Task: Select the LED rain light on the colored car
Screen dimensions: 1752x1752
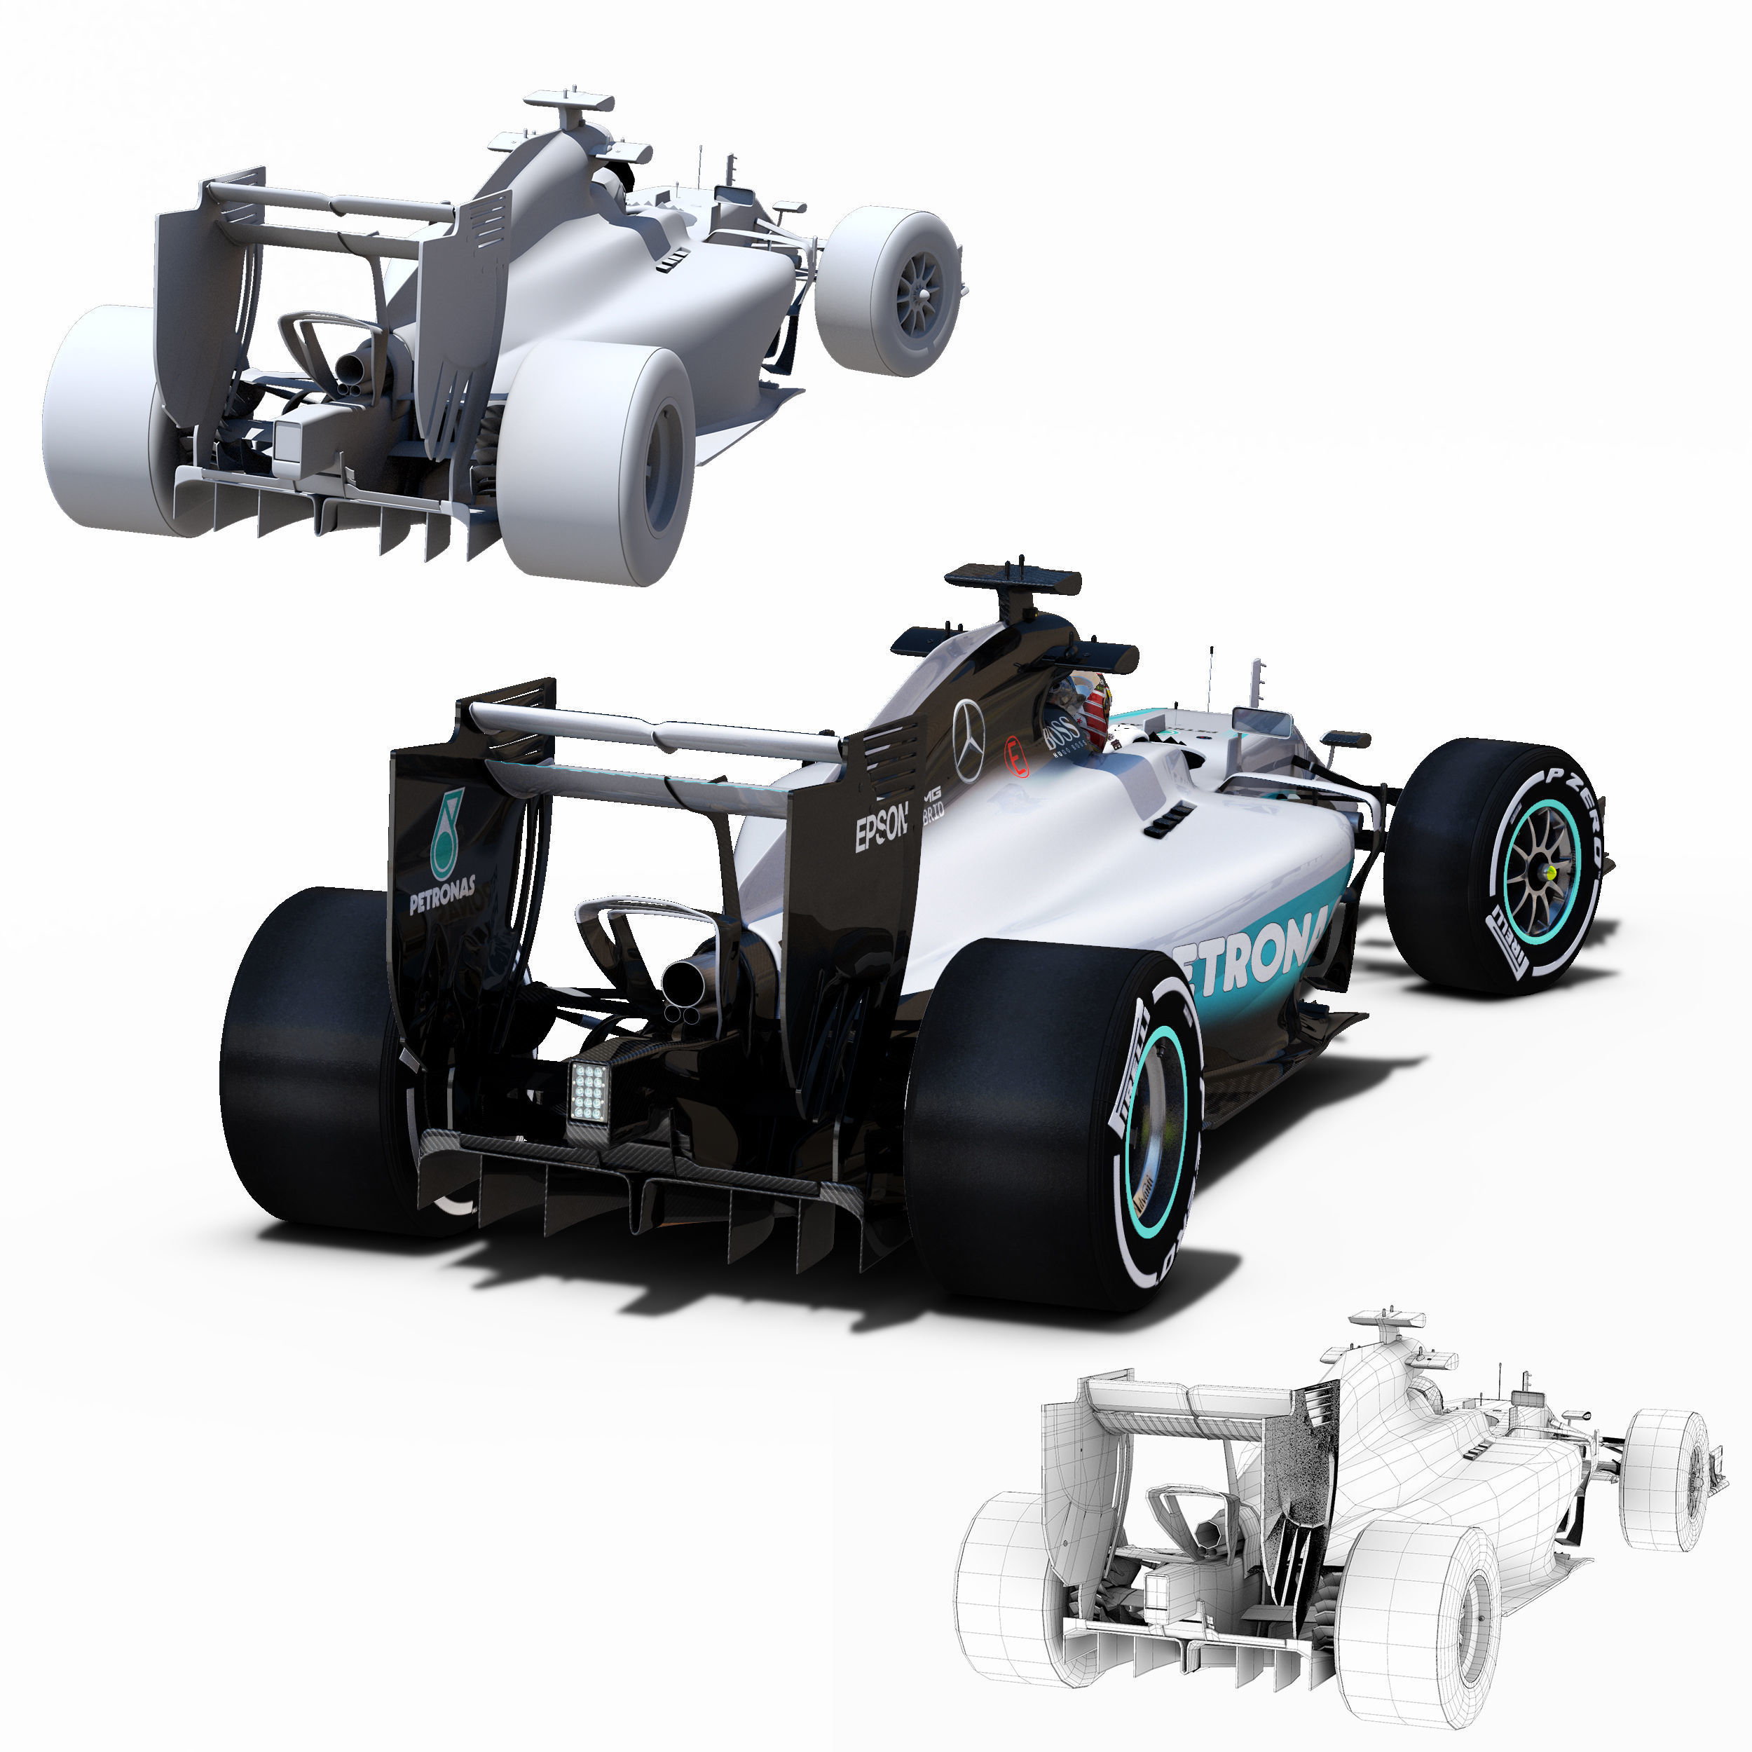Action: pyautogui.click(x=589, y=1092)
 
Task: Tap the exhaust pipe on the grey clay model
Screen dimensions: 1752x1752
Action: pyautogui.click(x=351, y=368)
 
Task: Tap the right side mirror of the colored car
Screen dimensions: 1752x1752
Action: pyautogui.click(x=1345, y=739)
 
